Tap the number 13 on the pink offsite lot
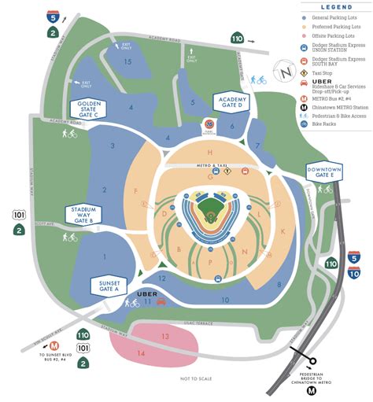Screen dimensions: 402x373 [164, 336]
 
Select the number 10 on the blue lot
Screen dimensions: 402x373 [225, 300]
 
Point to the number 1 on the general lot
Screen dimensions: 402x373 [103, 256]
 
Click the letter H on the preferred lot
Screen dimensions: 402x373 [210, 152]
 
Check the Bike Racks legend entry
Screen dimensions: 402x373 [327, 124]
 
